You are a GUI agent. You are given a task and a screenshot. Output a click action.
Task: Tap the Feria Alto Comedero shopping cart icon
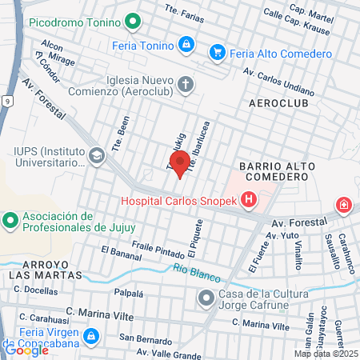[216, 53]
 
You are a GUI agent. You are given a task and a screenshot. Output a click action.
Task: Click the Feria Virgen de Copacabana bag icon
[92, 334]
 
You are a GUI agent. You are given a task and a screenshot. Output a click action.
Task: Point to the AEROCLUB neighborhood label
[278, 105]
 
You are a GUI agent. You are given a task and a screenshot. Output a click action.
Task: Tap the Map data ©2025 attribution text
[325, 354]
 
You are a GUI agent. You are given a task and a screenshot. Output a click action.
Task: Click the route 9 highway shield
[6, 101]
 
